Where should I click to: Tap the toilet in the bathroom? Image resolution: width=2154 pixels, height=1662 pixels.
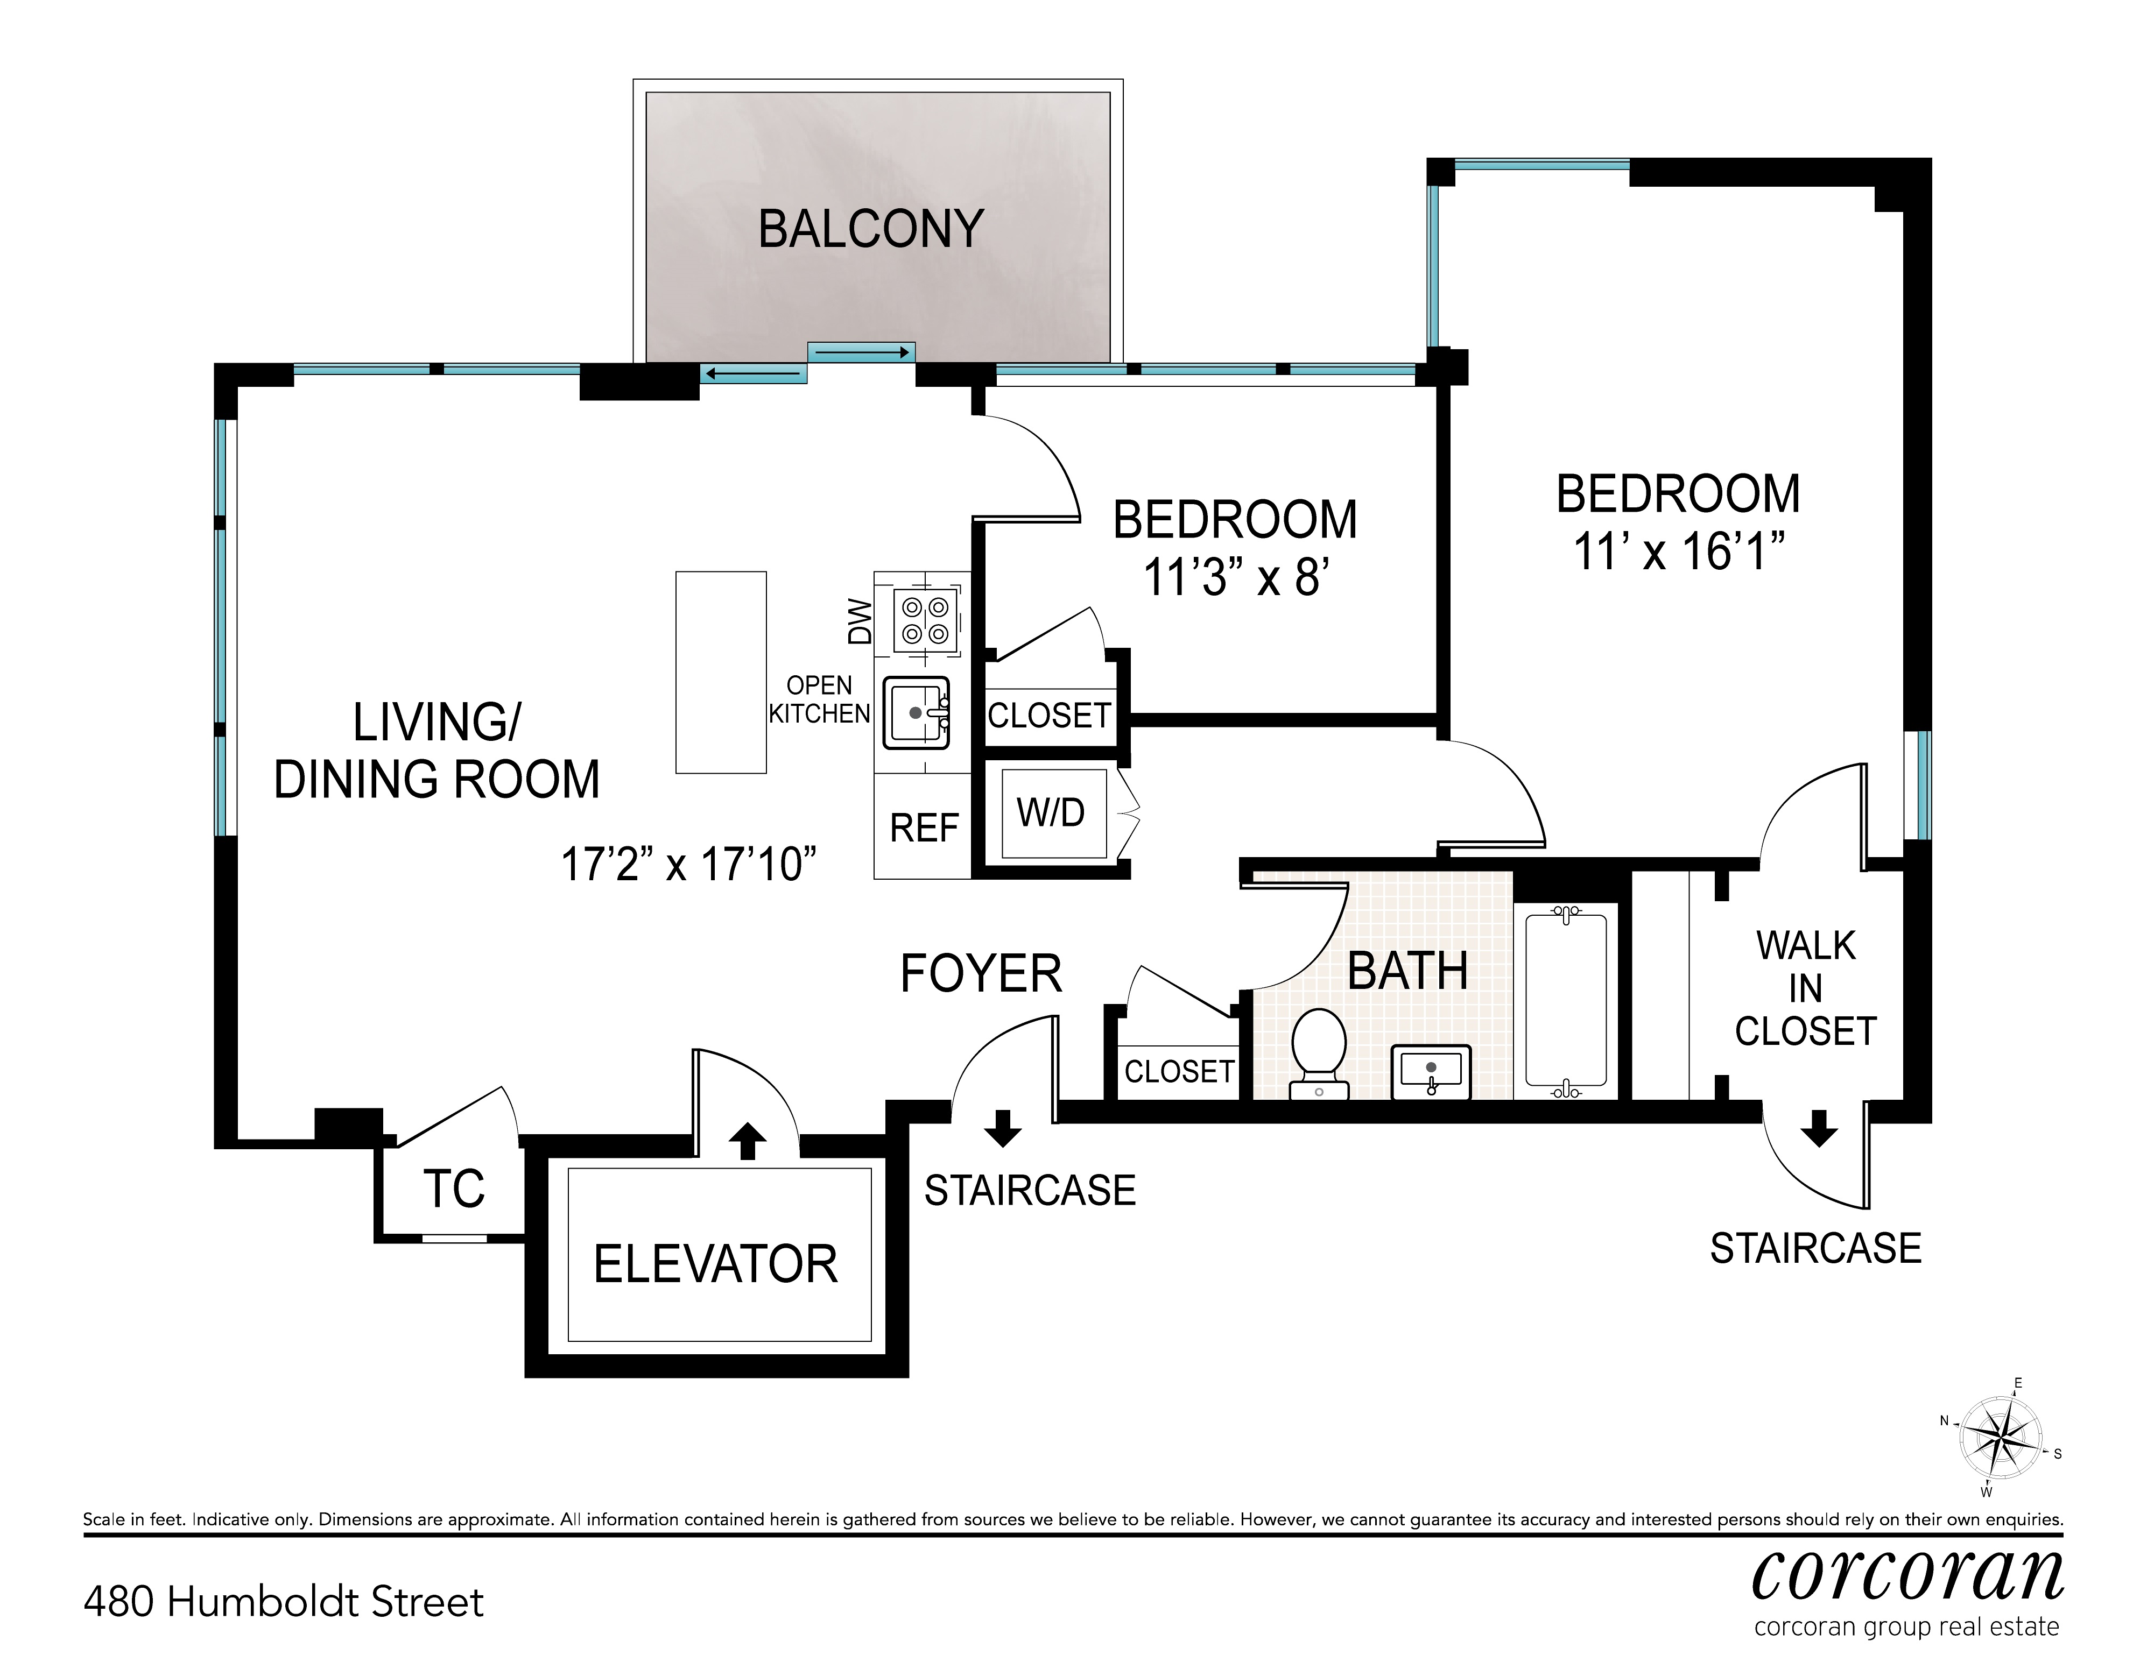[x=1320, y=1053]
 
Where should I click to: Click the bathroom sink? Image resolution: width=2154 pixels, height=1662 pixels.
[x=1431, y=1072]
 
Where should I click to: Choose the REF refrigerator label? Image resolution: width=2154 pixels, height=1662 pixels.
[x=924, y=828]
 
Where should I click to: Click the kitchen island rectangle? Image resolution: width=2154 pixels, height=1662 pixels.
[x=721, y=673]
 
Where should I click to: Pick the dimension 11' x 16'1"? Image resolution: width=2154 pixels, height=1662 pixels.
[x=1680, y=551]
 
